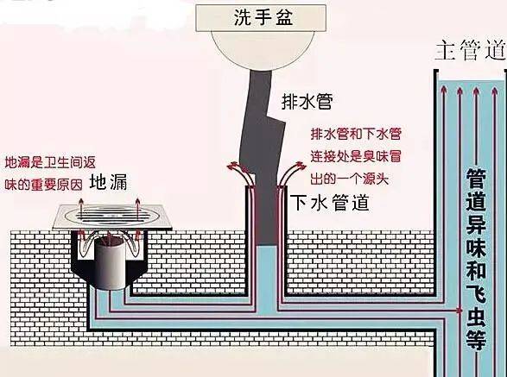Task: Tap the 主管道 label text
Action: click(470, 51)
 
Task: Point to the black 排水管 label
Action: click(307, 101)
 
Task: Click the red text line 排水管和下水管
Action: click(355, 135)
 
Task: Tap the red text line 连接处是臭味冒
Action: click(355, 157)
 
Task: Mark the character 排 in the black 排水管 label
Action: click(290, 101)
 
